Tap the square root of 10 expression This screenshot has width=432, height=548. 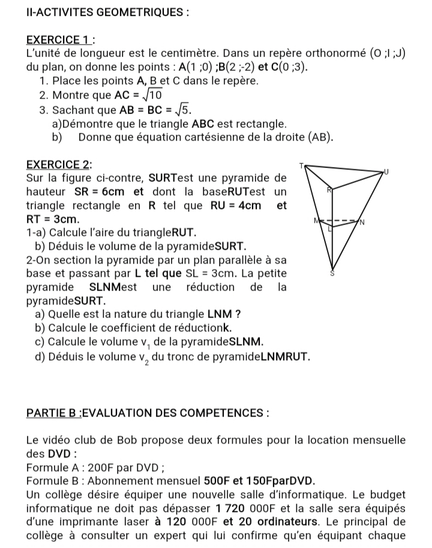[153, 95]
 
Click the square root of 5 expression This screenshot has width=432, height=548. [158, 110]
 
